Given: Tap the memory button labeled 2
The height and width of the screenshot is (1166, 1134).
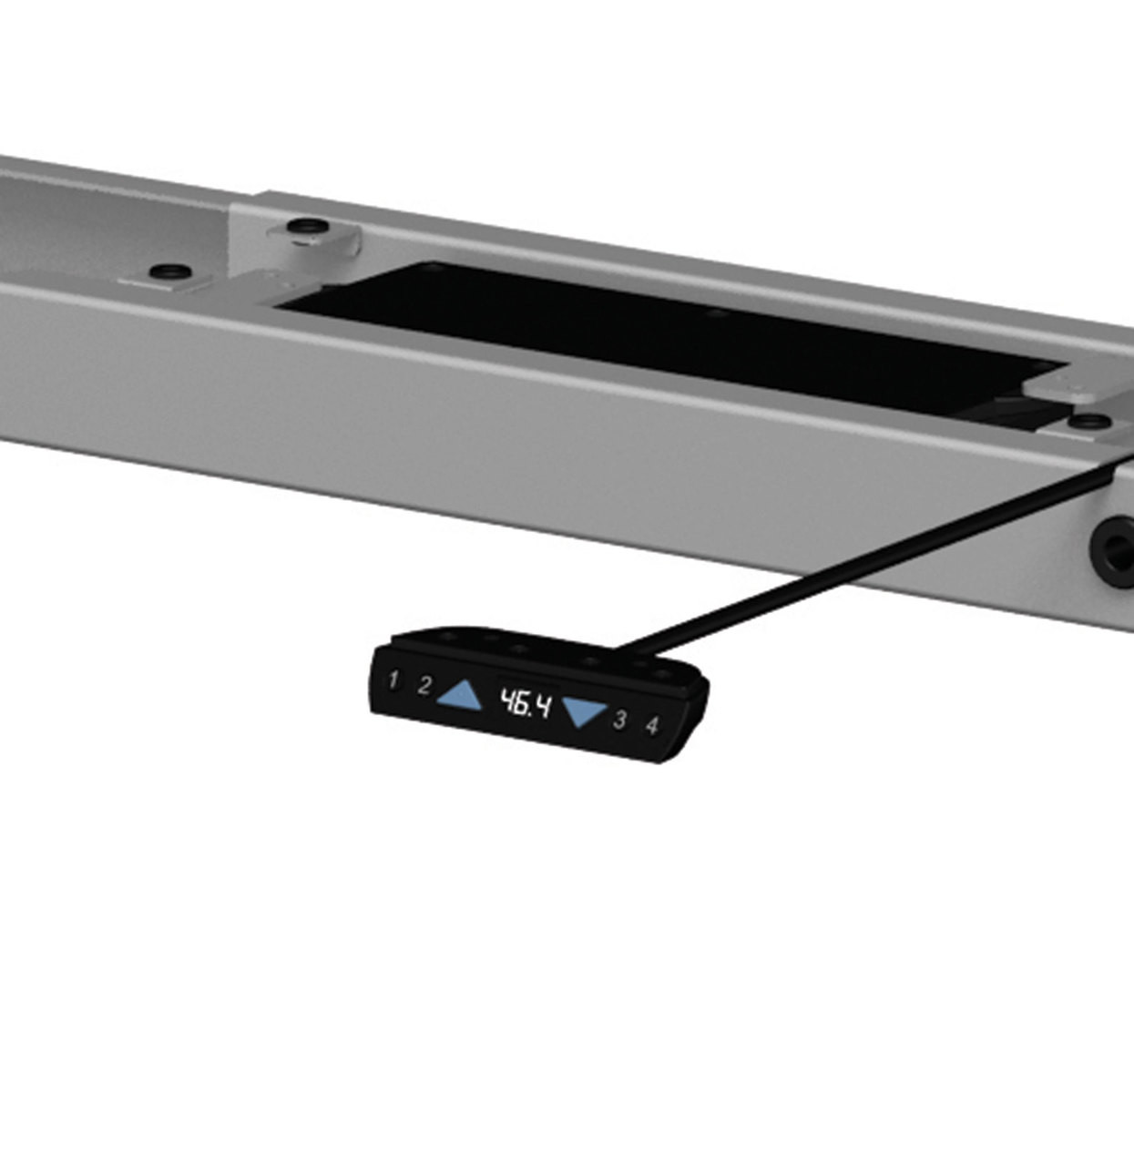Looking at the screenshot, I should click(x=424, y=686).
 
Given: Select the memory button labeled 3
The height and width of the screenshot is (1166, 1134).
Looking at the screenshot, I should click(x=619, y=720).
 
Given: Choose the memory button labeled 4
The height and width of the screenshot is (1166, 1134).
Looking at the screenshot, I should click(x=651, y=726).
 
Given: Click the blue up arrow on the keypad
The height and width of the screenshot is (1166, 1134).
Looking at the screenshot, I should click(x=461, y=697).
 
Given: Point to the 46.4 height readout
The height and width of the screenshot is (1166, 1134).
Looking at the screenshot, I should click(x=525, y=703).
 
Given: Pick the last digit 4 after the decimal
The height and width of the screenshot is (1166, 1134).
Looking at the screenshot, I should click(x=542, y=706).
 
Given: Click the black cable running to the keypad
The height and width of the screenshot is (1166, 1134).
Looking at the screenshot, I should click(x=865, y=556).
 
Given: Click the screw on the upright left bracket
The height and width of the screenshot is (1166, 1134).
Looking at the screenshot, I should click(x=302, y=225).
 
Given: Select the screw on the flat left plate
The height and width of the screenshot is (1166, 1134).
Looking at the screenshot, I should click(x=169, y=271).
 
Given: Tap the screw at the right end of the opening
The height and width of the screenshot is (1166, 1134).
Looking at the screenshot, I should click(x=1089, y=421).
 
